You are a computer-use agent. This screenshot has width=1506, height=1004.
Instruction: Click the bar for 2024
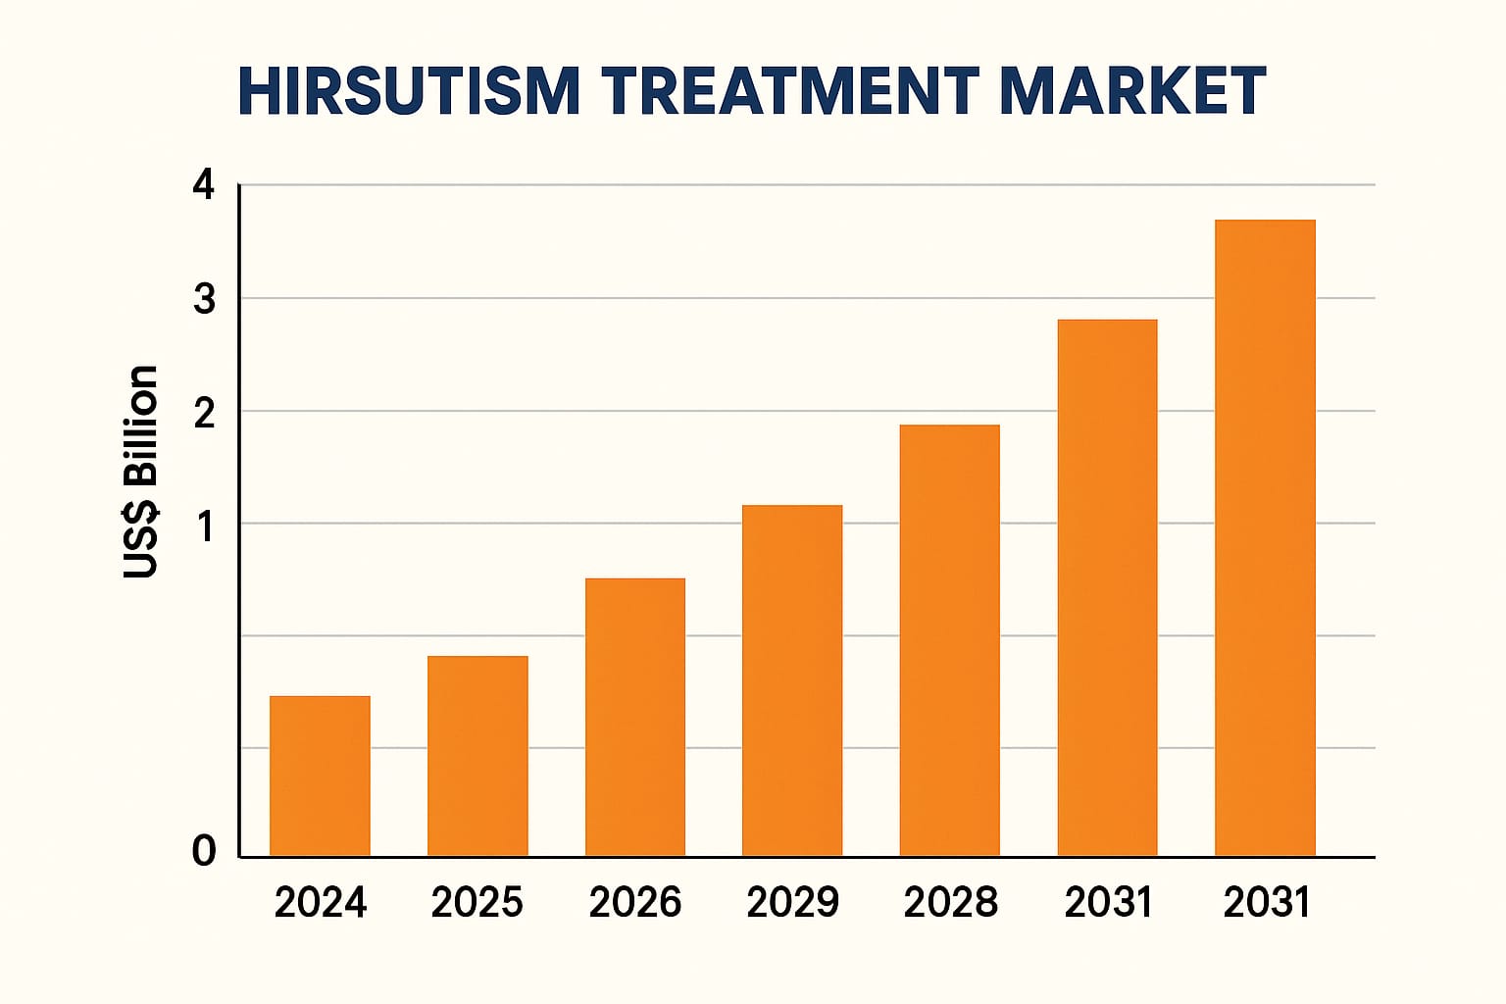[x=320, y=776]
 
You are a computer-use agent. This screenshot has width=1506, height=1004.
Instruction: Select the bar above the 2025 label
[x=477, y=756]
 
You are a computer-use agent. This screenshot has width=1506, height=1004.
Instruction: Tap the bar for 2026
[x=635, y=717]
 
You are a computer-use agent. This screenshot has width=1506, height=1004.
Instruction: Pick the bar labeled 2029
[x=792, y=680]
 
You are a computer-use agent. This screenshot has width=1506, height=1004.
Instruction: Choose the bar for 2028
[x=949, y=640]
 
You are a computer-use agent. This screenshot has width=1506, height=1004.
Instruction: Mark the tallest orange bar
[x=1265, y=537]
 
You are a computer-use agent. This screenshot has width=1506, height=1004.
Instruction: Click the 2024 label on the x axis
[x=320, y=902]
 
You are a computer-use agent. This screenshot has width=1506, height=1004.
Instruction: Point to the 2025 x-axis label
[x=477, y=902]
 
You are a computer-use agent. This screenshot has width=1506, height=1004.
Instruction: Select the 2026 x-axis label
[x=635, y=902]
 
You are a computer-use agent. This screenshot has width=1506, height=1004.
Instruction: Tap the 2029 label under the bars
[x=792, y=902]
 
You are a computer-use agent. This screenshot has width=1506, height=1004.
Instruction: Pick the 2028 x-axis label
[x=950, y=902]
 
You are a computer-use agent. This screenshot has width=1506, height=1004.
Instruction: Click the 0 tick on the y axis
[x=203, y=850]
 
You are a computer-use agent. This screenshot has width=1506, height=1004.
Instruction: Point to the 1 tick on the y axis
[x=205, y=527]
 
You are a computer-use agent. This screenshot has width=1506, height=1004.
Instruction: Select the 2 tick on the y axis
[x=204, y=414]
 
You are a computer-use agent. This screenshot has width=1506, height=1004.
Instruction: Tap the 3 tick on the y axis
[x=204, y=299]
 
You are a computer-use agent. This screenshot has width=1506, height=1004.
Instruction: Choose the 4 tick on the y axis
[x=204, y=184]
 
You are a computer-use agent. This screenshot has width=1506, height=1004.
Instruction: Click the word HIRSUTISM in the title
[x=409, y=92]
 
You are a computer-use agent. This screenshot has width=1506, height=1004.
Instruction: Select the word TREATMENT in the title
[x=790, y=92]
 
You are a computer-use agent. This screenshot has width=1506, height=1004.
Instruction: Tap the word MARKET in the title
[x=1131, y=92]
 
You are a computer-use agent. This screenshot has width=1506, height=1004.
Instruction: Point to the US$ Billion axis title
[x=141, y=472]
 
